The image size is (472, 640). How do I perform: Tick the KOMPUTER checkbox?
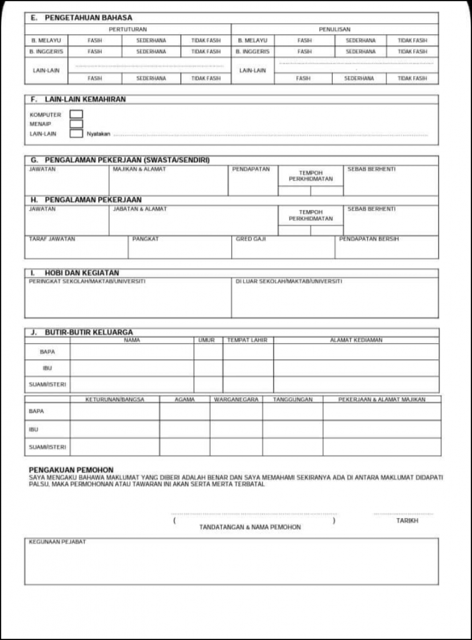tap(76, 114)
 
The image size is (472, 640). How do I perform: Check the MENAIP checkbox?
tap(76, 124)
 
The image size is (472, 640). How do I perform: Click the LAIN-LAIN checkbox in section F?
tap(76, 133)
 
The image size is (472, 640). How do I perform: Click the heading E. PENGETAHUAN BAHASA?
tap(81, 18)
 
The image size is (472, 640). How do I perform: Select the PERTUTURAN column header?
tap(128, 29)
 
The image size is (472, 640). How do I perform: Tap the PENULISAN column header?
tap(334, 29)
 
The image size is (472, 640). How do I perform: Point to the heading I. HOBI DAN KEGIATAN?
tap(74, 273)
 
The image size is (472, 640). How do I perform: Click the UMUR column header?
tap(206, 340)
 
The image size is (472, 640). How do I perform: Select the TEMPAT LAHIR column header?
tap(247, 340)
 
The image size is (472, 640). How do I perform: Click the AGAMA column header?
tap(184, 399)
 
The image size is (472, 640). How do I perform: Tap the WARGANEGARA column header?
tap(236, 399)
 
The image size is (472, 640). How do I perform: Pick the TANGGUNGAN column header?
tap(292, 399)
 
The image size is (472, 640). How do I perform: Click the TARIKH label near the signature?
tap(407, 520)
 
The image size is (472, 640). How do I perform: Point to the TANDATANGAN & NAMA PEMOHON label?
tap(249, 527)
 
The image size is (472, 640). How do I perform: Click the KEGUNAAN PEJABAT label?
tap(57, 542)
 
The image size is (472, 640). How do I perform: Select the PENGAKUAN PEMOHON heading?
tap(71, 469)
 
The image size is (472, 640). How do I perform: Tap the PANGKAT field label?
tap(146, 239)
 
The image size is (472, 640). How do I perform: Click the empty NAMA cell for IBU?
tap(131, 368)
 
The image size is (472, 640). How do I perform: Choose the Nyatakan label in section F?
tap(99, 134)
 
